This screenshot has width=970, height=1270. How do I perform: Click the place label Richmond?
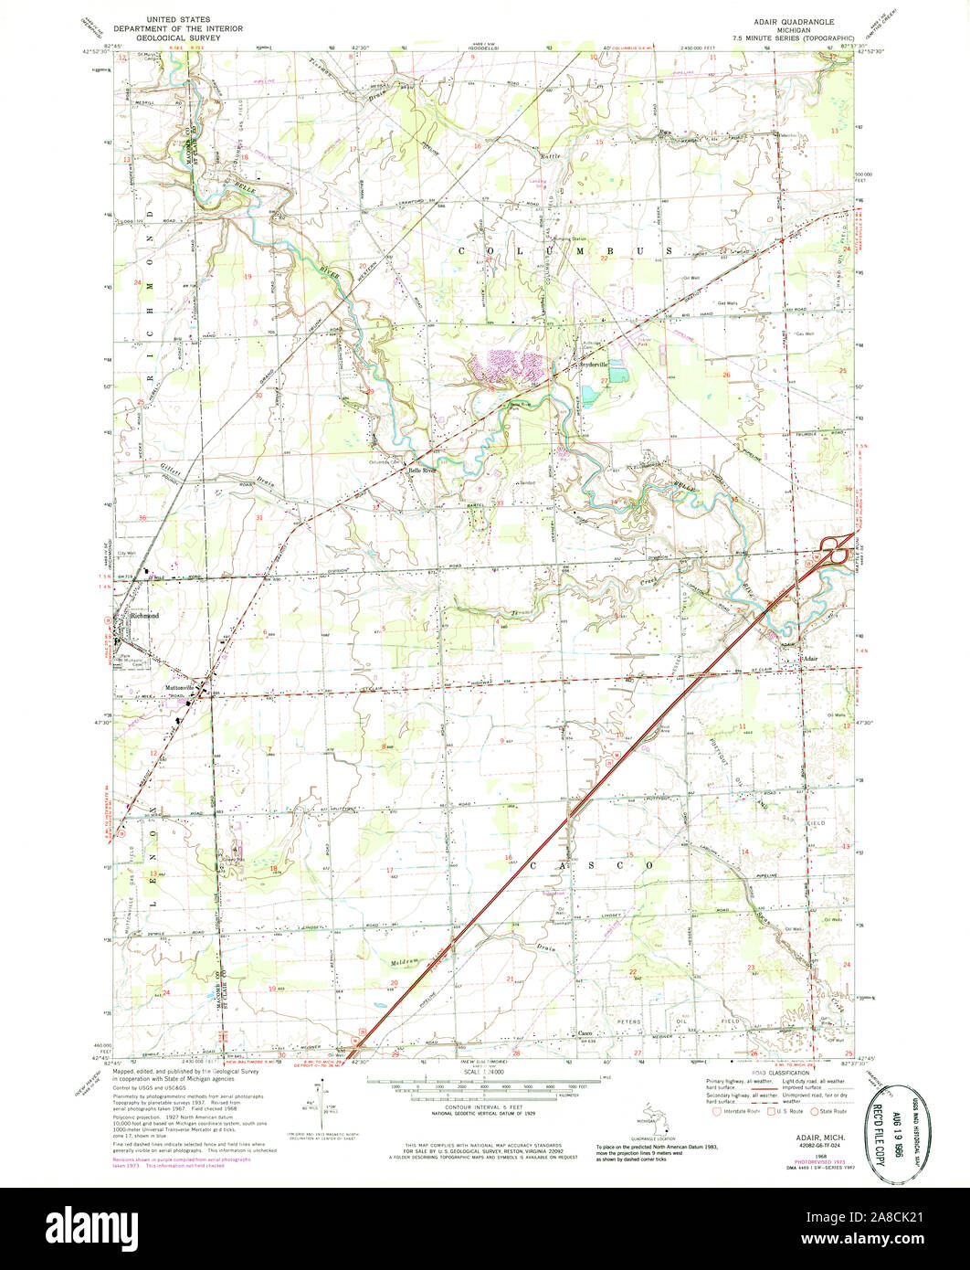click(144, 616)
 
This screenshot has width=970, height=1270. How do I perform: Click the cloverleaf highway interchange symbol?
click(838, 550)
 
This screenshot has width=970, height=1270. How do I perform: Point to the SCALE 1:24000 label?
click(484, 1070)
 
